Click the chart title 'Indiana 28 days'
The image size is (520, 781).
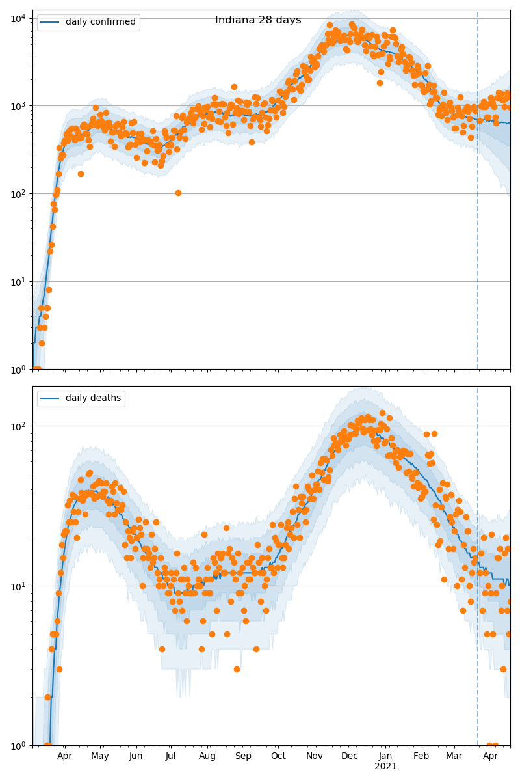coord(258,20)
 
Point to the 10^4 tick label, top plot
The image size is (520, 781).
coord(17,18)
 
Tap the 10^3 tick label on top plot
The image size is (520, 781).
coord(17,105)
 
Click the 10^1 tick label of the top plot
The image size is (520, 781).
coord(17,281)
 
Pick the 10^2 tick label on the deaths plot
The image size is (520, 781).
coord(17,426)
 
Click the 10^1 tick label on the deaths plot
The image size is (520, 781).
coord(17,586)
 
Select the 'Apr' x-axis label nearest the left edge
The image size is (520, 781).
coord(64,756)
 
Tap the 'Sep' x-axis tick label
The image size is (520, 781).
coord(243,756)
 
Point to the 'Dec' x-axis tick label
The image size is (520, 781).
coord(349,756)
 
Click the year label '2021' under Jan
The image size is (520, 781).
coord(385,767)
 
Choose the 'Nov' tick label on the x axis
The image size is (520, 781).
coord(315,756)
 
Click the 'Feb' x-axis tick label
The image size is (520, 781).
coord(421,756)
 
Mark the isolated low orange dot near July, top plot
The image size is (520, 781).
coord(178,193)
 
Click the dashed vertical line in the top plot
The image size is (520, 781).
coord(478,195)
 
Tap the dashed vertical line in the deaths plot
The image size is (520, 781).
coord(478,521)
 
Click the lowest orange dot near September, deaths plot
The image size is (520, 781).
coord(237,669)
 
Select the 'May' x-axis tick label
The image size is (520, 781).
coord(100,756)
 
